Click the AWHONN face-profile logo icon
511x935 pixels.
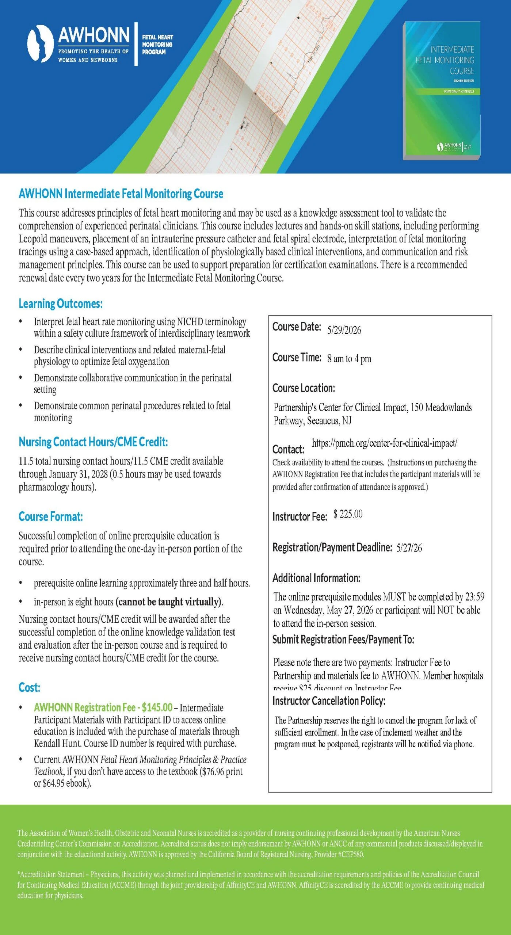click(x=40, y=44)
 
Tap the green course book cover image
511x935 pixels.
click(x=442, y=91)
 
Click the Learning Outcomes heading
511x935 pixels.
click(x=61, y=304)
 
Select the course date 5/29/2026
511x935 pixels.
click(x=344, y=330)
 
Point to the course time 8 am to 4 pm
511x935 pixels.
click(x=349, y=359)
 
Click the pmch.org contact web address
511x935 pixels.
click(x=384, y=443)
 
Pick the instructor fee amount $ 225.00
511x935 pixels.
click(x=348, y=514)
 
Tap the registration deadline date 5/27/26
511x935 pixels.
click(x=409, y=547)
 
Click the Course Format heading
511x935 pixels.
click(x=51, y=516)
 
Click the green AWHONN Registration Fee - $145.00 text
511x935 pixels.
click(x=103, y=707)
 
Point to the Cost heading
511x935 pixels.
click(x=29, y=687)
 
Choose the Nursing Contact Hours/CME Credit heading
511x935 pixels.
click(x=93, y=442)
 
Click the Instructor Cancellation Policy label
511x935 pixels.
click(x=329, y=701)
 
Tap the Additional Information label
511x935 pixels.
click(x=316, y=578)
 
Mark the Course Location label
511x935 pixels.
click(x=304, y=388)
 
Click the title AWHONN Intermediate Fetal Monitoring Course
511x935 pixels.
click(x=121, y=194)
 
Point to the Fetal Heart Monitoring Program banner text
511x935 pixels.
click(x=157, y=45)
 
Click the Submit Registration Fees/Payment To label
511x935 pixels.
click(x=343, y=639)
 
